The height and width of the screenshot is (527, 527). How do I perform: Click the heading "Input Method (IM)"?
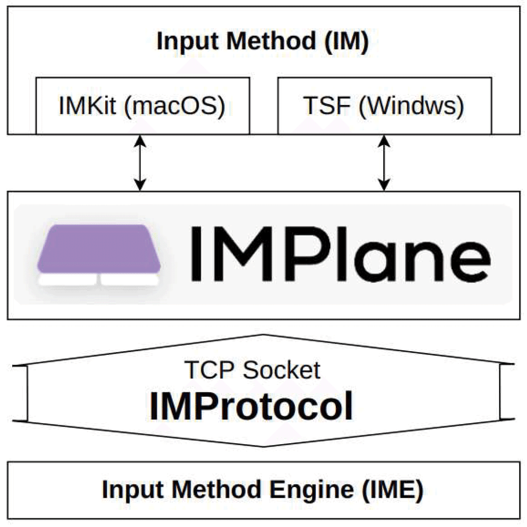tap(263, 41)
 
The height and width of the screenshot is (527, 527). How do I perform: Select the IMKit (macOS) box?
tap(142, 106)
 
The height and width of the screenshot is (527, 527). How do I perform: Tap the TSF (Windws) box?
tap(384, 106)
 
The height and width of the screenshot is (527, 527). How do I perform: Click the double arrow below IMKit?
tap(140, 163)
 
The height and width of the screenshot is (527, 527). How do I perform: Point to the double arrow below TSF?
tap(384, 163)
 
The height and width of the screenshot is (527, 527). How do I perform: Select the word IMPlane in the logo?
tap(340, 254)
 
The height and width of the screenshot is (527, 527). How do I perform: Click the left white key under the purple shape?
tap(68, 280)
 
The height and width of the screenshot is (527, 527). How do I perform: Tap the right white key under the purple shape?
tap(129, 280)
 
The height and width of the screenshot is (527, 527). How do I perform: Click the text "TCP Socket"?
tap(252, 370)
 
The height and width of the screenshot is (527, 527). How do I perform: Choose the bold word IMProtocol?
tap(251, 406)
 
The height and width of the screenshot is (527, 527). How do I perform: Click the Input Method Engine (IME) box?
tap(263, 490)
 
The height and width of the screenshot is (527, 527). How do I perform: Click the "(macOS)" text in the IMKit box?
tap(174, 106)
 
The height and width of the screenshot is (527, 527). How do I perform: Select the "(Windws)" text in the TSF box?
tap(411, 106)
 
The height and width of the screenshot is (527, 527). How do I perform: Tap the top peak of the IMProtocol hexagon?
tap(264, 336)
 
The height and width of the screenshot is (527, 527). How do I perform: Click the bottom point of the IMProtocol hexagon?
tap(264, 446)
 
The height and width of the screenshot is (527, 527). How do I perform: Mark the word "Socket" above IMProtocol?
tap(281, 370)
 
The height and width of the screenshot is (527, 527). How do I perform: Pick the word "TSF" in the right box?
tap(327, 106)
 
